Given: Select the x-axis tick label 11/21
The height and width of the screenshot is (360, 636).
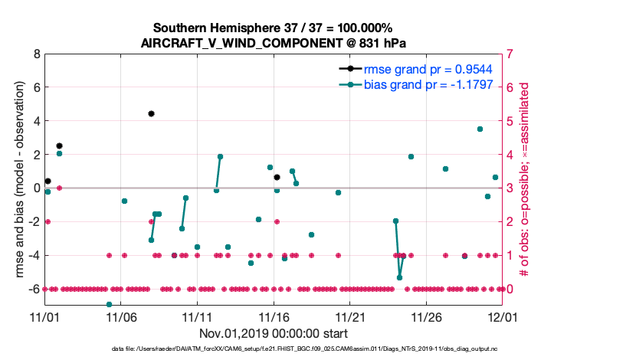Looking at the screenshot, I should (x=349, y=315).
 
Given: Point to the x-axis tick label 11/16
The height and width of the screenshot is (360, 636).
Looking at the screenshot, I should (x=274, y=315).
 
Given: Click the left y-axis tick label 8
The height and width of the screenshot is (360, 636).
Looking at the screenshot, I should (x=37, y=54).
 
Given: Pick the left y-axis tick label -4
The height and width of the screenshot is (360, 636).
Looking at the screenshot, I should (x=34, y=255).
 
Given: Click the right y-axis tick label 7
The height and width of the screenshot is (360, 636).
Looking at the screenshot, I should (x=511, y=54).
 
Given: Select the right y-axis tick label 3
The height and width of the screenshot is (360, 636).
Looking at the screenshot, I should (x=511, y=188).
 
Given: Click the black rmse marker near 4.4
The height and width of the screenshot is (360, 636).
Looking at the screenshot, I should (x=151, y=113).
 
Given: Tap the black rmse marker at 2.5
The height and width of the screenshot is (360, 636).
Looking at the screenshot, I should (x=59, y=146).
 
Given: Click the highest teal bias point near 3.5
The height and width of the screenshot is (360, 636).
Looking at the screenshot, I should (x=480, y=129).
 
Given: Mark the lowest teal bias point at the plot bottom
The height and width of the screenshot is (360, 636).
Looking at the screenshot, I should (x=109, y=304).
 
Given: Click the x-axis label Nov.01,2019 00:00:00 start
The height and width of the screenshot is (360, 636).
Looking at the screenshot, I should (x=274, y=334).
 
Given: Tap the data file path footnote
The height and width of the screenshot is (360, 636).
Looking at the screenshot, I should (x=274, y=349).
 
